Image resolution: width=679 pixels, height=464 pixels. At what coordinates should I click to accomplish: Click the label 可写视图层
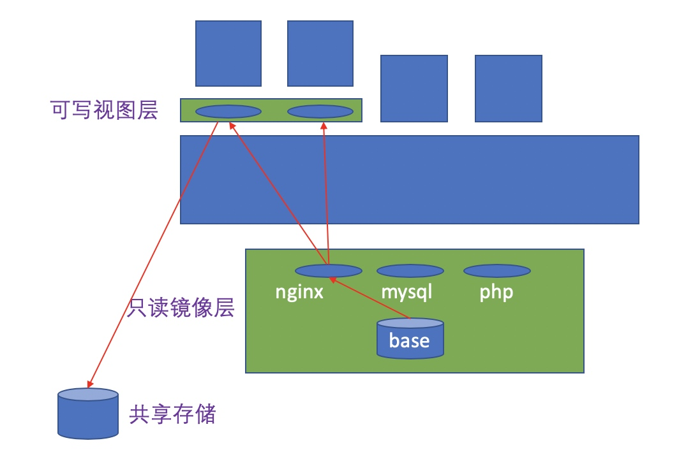[104, 111]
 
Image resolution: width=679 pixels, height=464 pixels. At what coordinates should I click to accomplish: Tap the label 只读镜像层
[181, 308]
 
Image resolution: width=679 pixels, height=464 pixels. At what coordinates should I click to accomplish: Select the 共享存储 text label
[172, 415]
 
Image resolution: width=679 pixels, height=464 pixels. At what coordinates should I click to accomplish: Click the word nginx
[299, 293]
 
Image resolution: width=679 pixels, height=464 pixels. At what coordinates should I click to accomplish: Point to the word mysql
[407, 293]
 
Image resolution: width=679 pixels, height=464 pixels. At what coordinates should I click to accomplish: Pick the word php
[496, 293]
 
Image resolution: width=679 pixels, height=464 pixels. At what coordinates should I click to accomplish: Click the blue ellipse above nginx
[328, 271]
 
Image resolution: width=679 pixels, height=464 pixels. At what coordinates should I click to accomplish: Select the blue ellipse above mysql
[410, 271]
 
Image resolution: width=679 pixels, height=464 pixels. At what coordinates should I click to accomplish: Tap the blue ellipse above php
[496, 271]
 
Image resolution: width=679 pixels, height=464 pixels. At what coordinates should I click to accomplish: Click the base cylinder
[410, 338]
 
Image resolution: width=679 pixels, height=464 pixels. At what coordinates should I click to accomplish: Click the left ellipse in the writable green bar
[228, 112]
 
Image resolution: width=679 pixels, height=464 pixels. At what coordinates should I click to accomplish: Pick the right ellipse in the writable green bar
[320, 112]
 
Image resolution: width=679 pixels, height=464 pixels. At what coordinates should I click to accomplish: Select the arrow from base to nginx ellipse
[370, 297]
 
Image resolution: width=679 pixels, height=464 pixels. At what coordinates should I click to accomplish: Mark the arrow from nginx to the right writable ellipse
[326, 191]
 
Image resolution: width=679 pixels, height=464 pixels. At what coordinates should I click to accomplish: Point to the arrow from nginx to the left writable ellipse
[278, 191]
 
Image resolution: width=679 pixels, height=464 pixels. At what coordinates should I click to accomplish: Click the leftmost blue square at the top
[228, 54]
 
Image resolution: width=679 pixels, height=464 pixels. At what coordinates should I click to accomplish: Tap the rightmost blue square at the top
[508, 88]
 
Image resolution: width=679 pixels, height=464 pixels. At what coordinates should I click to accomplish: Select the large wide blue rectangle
[409, 179]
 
